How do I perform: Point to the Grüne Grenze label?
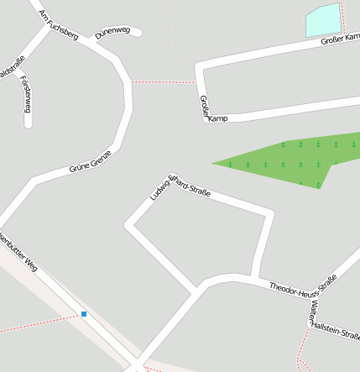pos(90,160)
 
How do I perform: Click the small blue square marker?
pos(84,314)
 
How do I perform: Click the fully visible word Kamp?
pos(217,118)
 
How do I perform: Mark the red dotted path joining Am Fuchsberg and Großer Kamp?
pos(164,82)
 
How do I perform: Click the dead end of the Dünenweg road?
pos(138,33)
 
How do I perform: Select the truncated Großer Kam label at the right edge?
pos(340,40)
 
